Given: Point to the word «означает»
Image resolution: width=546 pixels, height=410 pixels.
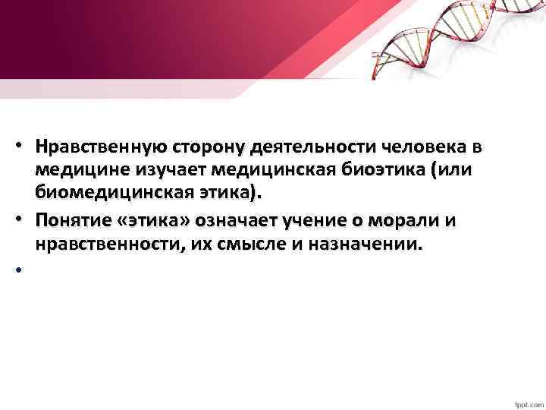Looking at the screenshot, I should (242, 220).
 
